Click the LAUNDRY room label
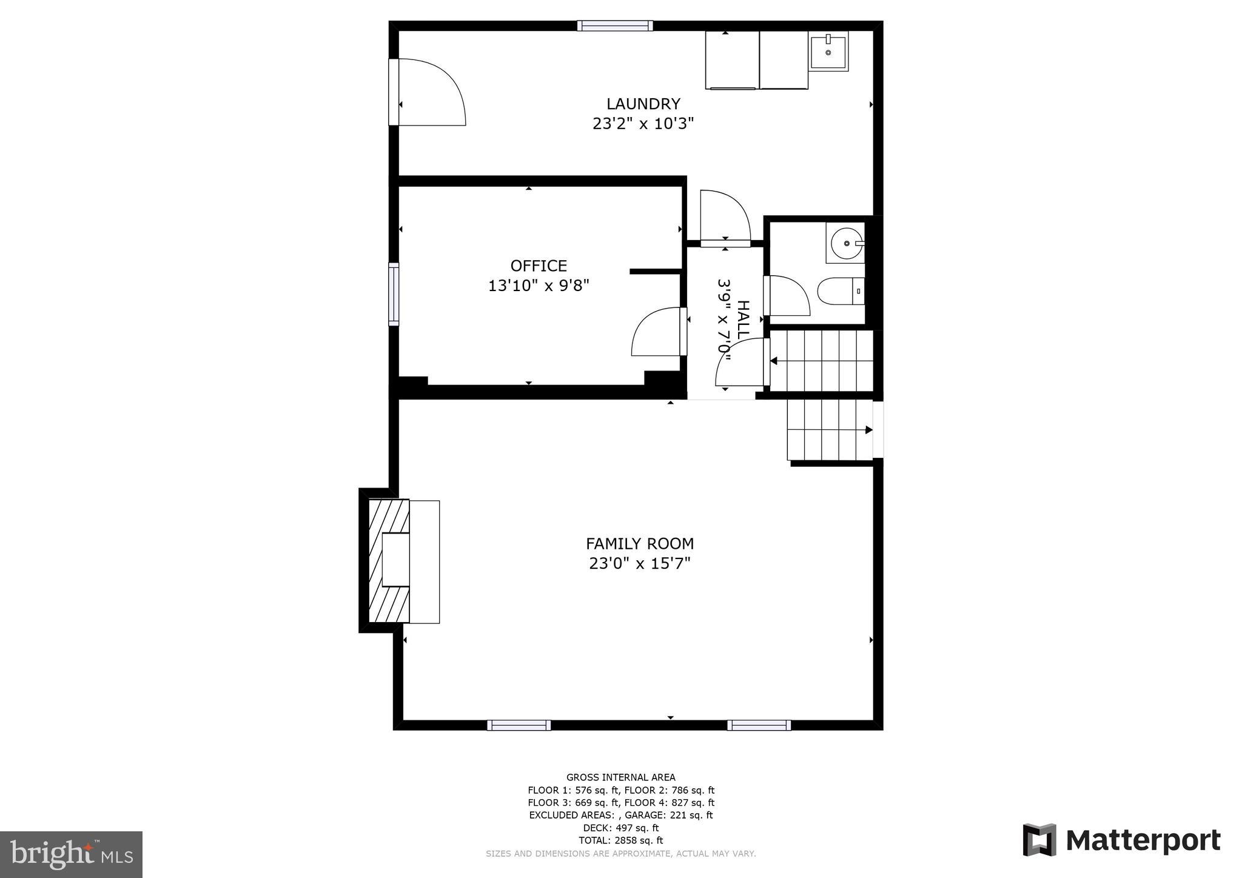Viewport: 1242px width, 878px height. [643, 104]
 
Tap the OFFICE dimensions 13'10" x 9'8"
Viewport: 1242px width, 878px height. [539, 285]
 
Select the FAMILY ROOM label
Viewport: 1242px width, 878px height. [639, 543]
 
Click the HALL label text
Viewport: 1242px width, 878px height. [742, 319]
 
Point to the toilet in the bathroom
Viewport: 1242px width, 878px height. [839, 292]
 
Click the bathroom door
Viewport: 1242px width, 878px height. [787, 296]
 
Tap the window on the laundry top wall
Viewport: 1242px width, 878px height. [614, 25]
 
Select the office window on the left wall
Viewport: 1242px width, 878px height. [394, 294]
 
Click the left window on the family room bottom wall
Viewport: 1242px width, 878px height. [519, 725]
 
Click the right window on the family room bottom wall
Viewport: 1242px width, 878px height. [759, 725]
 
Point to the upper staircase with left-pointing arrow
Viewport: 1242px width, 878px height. [821, 361]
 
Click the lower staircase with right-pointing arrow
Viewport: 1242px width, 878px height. [828, 430]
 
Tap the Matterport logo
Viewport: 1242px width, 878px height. [1121, 840]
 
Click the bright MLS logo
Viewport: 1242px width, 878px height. [71, 854]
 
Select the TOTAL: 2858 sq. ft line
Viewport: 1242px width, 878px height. [620, 840]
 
